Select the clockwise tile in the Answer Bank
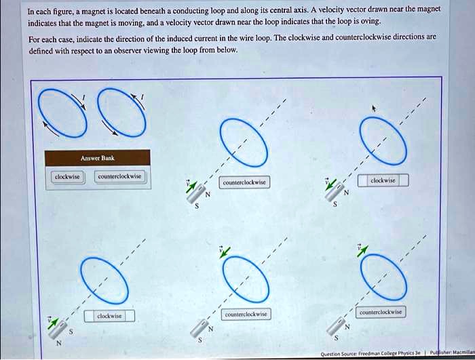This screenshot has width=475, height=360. coord(67,176)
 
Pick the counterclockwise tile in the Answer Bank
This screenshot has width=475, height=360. coord(119,176)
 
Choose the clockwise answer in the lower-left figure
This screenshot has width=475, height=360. coord(109,316)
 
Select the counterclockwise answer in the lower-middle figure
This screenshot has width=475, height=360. coord(246,315)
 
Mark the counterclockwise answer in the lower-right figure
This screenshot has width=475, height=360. coord(381,313)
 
